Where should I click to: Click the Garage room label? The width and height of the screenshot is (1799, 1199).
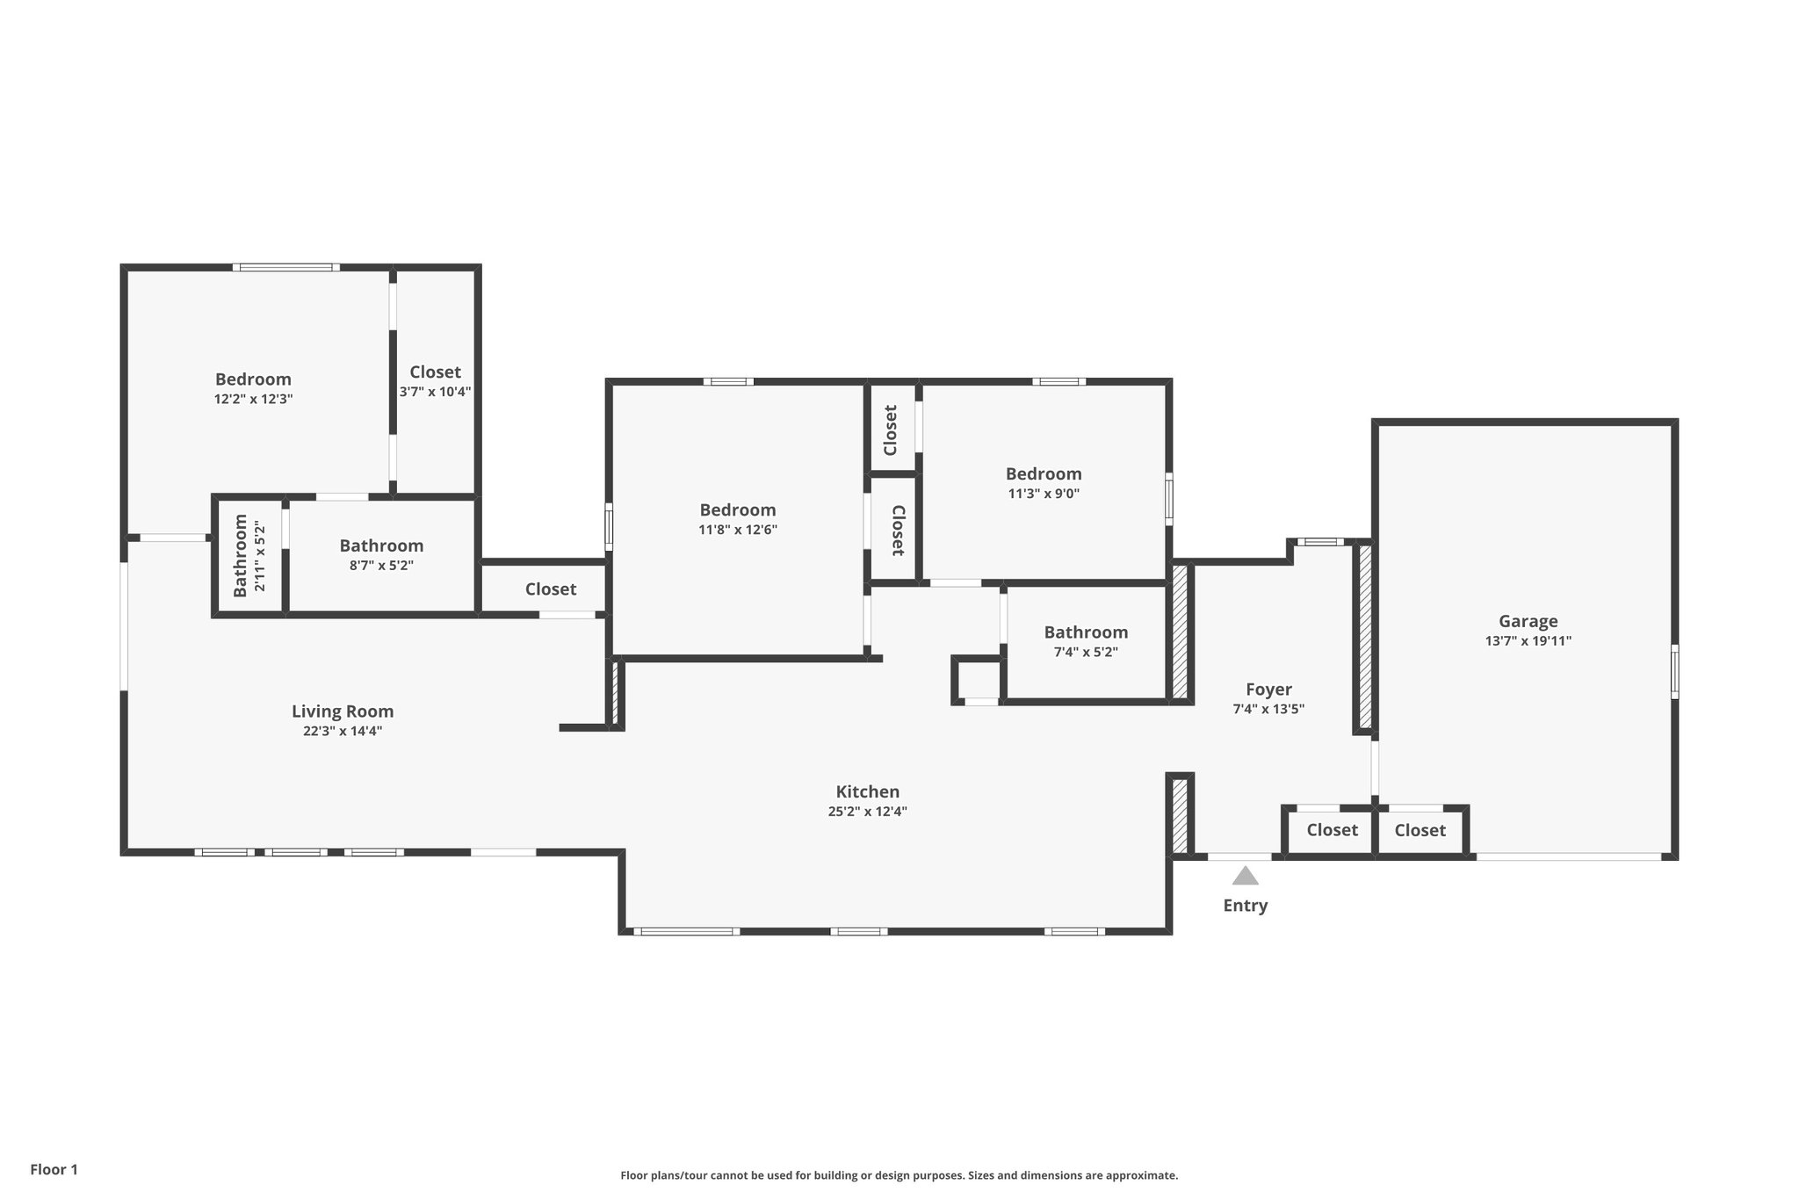1528,621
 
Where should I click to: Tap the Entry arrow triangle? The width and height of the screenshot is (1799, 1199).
1245,876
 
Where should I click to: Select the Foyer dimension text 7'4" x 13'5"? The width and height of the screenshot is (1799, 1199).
1268,709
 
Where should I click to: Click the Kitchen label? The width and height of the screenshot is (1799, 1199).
867,791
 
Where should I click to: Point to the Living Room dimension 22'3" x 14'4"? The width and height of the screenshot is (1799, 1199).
343,731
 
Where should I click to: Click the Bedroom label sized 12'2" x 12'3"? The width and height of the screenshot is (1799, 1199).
253,379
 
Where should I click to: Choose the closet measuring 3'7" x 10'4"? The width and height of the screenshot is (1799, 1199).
435,381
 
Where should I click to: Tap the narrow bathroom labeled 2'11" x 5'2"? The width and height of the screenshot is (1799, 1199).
249,555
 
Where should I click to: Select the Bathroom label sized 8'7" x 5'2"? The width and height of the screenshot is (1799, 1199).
381,545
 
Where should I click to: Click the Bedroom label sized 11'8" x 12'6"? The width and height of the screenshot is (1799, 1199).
737,509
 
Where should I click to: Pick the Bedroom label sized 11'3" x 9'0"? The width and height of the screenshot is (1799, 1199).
1044,473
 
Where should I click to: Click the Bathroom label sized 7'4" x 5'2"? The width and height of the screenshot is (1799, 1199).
1086,632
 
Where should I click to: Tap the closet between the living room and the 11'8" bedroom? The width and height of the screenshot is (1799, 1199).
551,589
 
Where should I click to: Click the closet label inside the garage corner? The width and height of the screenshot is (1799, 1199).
1420,830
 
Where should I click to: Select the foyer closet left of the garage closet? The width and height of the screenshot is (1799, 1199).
1332,830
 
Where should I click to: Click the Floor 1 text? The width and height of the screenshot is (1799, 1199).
54,1169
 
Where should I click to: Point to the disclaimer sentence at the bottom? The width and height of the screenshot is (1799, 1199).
899,1175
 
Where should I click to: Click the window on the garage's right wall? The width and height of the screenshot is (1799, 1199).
1674,672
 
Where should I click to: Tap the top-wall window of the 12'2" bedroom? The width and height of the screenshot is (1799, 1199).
285,267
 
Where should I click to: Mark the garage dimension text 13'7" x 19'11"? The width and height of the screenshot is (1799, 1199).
1528,641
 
